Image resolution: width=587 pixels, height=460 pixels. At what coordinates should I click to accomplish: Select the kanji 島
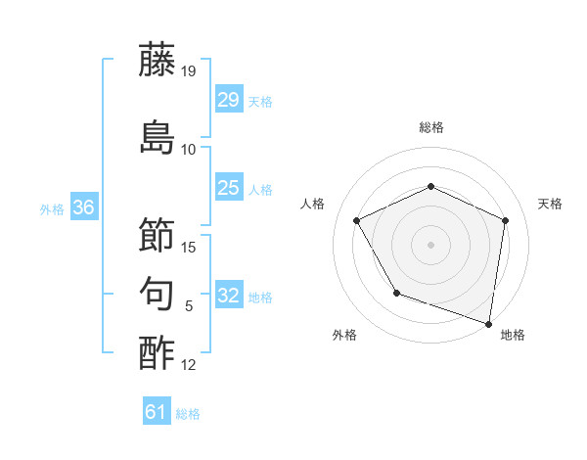click(x=158, y=136)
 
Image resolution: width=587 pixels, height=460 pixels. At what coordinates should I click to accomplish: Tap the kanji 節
click(x=158, y=235)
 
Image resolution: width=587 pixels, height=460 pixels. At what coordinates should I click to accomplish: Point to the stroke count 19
click(x=189, y=70)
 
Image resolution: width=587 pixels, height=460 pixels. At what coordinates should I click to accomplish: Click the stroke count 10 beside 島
click(x=189, y=150)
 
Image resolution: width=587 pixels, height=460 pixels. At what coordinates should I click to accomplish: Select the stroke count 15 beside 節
click(x=189, y=248)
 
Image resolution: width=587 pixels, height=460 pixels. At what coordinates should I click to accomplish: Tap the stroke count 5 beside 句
click(x=189, y=306)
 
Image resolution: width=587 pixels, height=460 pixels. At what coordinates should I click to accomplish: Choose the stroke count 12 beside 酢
click(x=189, y=366)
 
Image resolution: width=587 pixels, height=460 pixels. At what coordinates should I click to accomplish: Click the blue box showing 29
click(x=228, y=100)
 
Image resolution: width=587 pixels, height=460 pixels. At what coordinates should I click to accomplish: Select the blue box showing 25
click(x=228, y=188)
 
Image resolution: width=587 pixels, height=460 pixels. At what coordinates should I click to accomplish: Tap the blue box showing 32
click(x=228, y=296)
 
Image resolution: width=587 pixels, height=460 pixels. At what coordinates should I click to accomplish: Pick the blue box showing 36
click(x=83, y=207)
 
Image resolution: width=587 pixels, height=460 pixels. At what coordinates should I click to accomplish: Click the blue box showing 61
click(x=156, y=412)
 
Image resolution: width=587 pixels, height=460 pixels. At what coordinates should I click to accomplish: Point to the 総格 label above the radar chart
click(x=431, y=127)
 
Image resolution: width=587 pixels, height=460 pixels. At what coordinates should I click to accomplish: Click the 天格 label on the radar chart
click(x=550, y=204)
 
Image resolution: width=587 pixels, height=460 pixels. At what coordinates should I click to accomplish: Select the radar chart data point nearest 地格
click(x=488, y=322)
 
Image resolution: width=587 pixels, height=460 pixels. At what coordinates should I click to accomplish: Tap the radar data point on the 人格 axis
click(x=357, y=220)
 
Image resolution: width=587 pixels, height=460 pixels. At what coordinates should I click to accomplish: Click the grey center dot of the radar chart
click(x=431, y=244)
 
